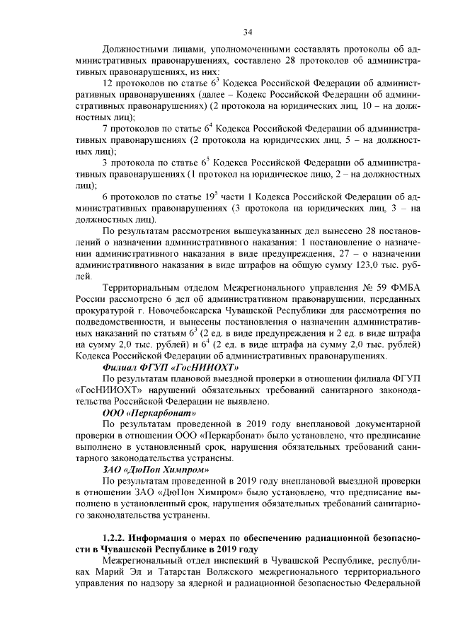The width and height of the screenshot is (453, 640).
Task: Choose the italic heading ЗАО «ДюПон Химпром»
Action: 158,469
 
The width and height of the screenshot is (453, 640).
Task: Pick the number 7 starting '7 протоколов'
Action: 105,129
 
